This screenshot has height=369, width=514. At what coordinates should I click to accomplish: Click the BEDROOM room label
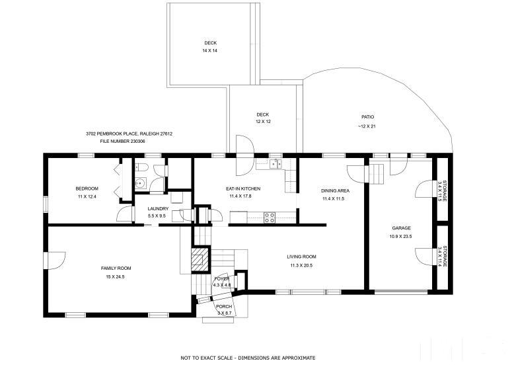[87, 188]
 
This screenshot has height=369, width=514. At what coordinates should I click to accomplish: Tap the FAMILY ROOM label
[116, 268]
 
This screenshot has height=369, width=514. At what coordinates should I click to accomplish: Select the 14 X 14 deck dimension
[210, 50]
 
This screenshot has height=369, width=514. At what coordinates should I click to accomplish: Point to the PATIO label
[368, 117]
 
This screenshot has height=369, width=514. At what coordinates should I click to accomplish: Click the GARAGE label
[401, 228]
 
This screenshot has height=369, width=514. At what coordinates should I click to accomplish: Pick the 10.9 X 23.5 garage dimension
[400, 236]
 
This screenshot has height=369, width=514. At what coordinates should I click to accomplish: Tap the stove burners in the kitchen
[270, 218]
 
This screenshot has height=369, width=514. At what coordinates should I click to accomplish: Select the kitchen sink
[275, 163]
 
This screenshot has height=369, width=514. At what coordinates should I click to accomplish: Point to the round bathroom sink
[141, 183]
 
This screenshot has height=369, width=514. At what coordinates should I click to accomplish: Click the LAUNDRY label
[158, 208]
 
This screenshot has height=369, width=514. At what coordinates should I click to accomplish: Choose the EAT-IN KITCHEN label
[243, 188]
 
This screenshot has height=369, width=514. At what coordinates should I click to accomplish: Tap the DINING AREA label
[335, 190]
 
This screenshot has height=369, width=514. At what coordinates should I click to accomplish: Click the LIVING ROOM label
[301, 257]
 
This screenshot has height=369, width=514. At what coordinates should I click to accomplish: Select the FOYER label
[222, 279]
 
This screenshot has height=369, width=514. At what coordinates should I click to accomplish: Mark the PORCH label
[224, 306]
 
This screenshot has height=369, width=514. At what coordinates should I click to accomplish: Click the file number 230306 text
[123, 142]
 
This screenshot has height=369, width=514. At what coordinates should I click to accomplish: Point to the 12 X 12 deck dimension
[263, 122]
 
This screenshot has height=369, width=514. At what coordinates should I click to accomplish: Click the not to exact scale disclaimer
[248, 358]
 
